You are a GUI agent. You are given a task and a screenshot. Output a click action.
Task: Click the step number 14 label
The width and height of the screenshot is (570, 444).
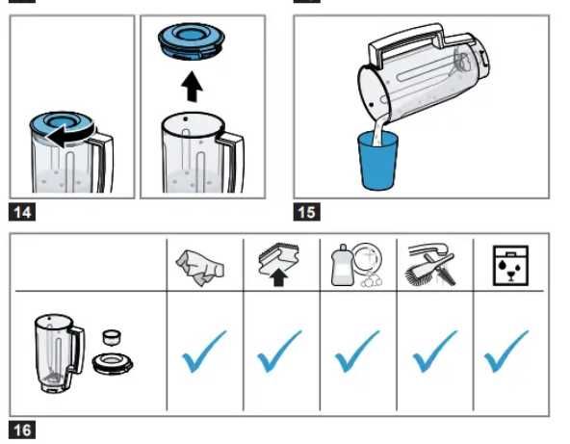coord(22,212)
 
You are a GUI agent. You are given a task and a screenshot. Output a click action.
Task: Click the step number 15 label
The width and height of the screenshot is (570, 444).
coord(307,212)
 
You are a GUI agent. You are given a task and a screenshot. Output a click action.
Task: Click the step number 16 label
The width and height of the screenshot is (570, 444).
coord(22,430)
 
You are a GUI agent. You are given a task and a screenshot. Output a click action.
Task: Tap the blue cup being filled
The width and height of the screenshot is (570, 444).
coord(377,162)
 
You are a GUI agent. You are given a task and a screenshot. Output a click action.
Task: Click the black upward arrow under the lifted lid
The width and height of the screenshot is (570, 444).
coord(192,87)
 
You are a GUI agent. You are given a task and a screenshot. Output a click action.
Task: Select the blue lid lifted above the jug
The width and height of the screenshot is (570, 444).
coord(192,41)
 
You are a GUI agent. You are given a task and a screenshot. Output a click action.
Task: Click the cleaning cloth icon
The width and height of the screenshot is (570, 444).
coord(200,268)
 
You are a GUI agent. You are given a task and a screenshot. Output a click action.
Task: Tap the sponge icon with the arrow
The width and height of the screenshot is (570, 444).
coord(279,265)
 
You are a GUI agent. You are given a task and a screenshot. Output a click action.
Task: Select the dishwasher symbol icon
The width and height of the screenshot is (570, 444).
coord(510,266)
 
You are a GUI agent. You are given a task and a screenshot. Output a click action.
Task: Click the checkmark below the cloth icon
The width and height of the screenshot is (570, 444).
coord(204,352)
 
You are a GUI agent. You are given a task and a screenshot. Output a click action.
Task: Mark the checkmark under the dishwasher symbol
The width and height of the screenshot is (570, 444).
coord(506,351)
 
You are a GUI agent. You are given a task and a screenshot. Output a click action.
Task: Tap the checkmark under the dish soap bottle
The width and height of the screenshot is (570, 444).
coord(356,352)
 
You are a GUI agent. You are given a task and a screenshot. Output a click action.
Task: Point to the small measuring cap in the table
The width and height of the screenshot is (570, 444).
coord(112,337)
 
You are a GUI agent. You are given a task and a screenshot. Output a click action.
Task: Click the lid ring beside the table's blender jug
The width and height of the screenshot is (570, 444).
coord(113,364)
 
